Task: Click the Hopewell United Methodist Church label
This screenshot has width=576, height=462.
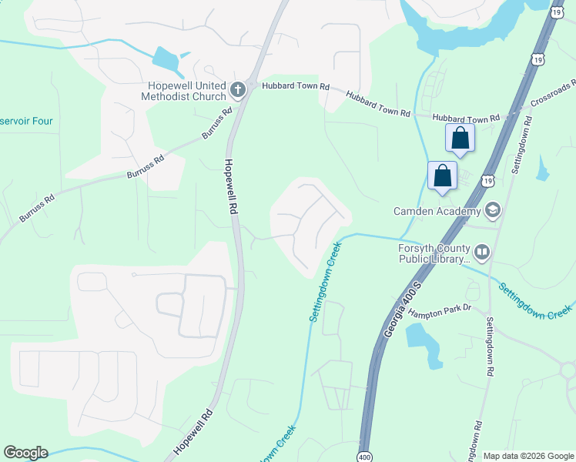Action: tap(183, 91)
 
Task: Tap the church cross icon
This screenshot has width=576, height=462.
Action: tap(238, 91)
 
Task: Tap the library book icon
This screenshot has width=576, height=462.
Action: tap(482, 252)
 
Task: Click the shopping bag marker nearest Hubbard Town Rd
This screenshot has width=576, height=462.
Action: tap(460, 139)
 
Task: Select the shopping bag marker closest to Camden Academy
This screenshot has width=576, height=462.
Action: tap(443, 176)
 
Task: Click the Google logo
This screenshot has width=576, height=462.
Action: tap(25, 453)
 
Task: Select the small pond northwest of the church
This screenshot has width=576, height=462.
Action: tap(165, 59)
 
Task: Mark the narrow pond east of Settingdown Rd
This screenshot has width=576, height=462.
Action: tap(544, 167)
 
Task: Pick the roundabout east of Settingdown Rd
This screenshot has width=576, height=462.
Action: tap(568, 371)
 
